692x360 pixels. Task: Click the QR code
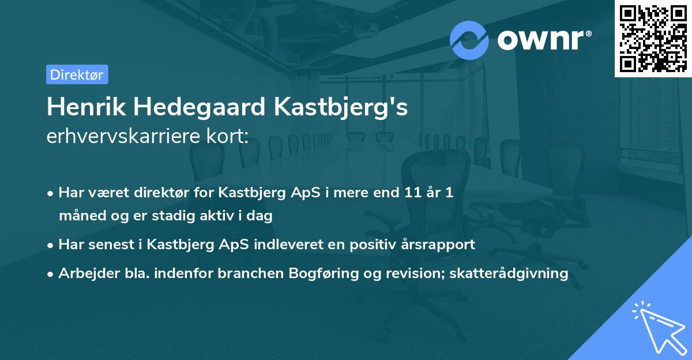(x=653, y=39)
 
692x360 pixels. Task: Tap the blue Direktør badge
(x=77, y=74)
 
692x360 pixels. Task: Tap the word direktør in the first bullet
(x=167, y=193)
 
